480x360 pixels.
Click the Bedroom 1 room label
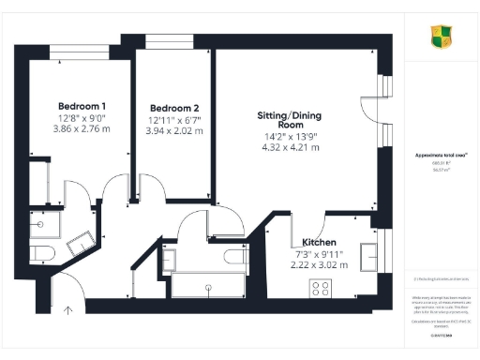click(x=82, y=106)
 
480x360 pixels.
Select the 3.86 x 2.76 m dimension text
click(x=82, y=129)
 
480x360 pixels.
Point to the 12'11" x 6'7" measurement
click(x=173, y=120)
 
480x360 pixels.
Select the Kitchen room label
click(x=314, y=242)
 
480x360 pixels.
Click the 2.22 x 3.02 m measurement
click(x=314, y=265)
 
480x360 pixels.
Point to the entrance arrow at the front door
click(x=68, y=309)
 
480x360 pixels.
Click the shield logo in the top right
click(x=441, y=37)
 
